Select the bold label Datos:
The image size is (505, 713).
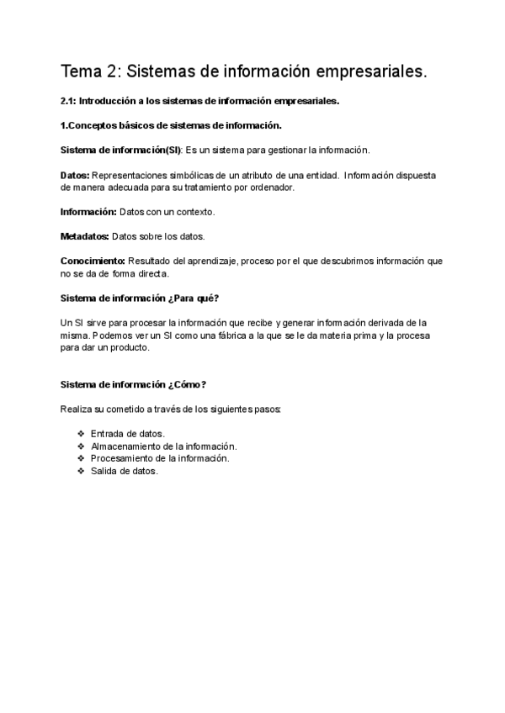point(76,175)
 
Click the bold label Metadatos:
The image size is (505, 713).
point(85,235)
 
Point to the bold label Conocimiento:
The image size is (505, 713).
point(93,261)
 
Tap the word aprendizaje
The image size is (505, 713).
point(211,261)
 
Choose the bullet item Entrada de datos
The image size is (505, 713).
point(127,434)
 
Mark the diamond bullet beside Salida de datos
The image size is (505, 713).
point(81,472)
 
